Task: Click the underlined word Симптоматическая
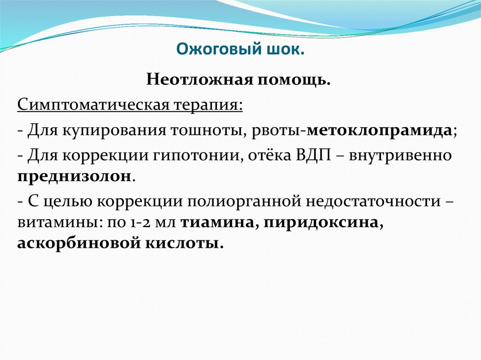click(87, 104)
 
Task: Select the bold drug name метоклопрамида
click(380, 130)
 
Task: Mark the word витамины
click(54, 223)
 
